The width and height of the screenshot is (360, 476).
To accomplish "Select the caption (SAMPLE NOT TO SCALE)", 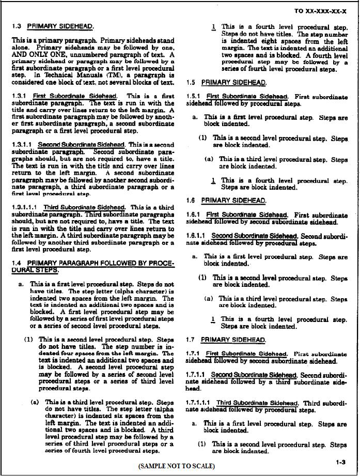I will click(176, 466).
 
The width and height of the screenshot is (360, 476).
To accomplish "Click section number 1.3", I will click(17, 26).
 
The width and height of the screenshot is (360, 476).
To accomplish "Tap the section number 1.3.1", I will click(20, 96).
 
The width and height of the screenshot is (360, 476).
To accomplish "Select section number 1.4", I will click(17, 263).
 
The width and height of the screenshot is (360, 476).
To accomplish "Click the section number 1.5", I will click(191, 82).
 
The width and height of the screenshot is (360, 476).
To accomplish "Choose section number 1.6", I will click(191, 200).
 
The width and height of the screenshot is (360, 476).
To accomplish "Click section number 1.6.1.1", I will click(197, 236).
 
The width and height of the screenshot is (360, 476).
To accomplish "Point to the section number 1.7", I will click(191, 340).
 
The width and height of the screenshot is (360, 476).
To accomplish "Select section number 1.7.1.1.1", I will click(199, 403).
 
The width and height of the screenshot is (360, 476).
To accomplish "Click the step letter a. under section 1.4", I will click(21, 284).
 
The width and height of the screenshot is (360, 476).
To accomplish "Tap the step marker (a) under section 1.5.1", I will click(209, 160).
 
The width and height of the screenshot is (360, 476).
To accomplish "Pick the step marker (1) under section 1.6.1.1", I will click(203, 278).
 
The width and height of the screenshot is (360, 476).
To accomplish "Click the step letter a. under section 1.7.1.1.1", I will click(194, 424).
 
